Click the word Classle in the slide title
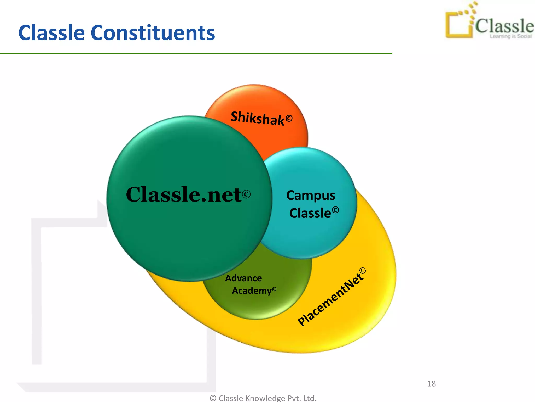[51, 33]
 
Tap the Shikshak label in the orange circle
[257, 118]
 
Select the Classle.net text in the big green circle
[184, 195]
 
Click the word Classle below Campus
[310, 213]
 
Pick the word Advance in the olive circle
[243, 278]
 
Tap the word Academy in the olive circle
[252, 291]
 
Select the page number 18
[431, 384]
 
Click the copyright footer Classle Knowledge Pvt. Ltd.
[263, 398]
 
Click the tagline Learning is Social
[510, 36]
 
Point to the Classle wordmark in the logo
[504, 26]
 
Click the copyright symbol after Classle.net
[246, 194]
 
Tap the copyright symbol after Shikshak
[289, 119]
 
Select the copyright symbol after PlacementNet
[363, 271]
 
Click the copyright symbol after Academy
[274, 289]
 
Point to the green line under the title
[196, 54]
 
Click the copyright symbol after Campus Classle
[335, 210]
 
